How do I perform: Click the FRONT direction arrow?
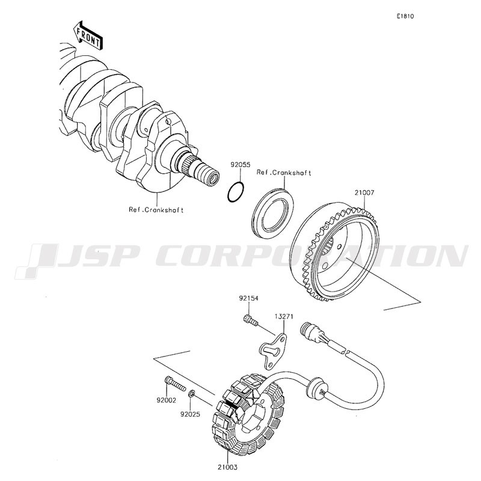pos(88,35)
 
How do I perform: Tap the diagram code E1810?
pos(405,16)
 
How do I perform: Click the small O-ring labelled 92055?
pos(236,192)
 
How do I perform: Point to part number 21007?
pos(364,193)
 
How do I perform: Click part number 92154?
pos(249,298)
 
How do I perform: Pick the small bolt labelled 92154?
pos(251,319)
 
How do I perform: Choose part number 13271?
pos(283,316)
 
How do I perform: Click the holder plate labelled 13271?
pos(273,351)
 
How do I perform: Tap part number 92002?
pos(167,400)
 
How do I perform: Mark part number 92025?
pos(190,414)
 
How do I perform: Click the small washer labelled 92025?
pos(191,393)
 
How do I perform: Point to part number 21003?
pos(228,467)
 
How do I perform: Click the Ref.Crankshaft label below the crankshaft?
pos(156,210)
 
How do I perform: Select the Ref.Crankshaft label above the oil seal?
pos(284,173)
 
